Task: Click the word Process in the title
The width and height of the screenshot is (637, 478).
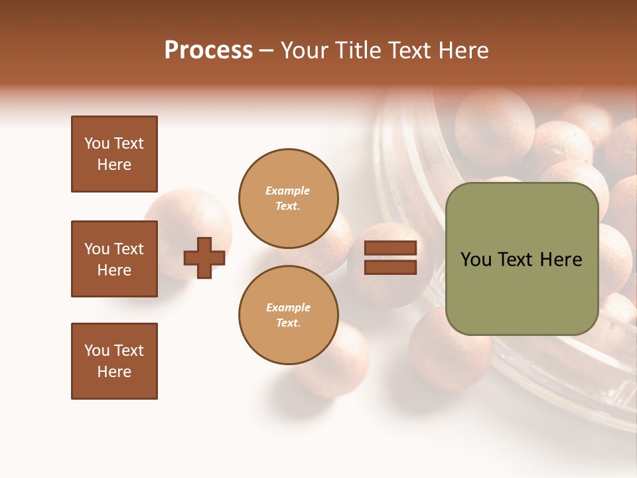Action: [x=208, y=50]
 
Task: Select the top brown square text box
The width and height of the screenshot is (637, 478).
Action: [x=114, y=154]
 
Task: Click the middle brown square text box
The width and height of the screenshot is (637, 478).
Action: [x=114, y=259]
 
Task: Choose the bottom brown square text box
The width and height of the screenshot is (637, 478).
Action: [x=114, y=361]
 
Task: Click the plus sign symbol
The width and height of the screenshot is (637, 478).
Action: [x=204, y=258]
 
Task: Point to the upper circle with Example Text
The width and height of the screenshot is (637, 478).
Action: [x=289, y=198]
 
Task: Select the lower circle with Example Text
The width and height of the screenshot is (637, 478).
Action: [x=289, y=315]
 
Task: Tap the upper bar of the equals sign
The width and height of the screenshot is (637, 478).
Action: [x=390, y=248]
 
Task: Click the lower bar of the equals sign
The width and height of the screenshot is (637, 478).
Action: [x=390, y=267]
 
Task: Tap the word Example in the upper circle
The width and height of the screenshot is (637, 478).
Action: [x=287, y=191]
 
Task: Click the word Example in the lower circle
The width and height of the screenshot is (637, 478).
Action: [x=288, y=307]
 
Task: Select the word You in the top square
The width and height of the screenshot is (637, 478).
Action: [x=97, y=143]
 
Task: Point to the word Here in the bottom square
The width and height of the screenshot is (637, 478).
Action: [x=114, y=372]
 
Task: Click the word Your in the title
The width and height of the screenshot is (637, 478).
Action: [x=305, y=50]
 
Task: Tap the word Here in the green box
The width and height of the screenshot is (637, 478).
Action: [x=561, y=260]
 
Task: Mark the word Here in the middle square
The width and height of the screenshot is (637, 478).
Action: [x=114, y=270]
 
